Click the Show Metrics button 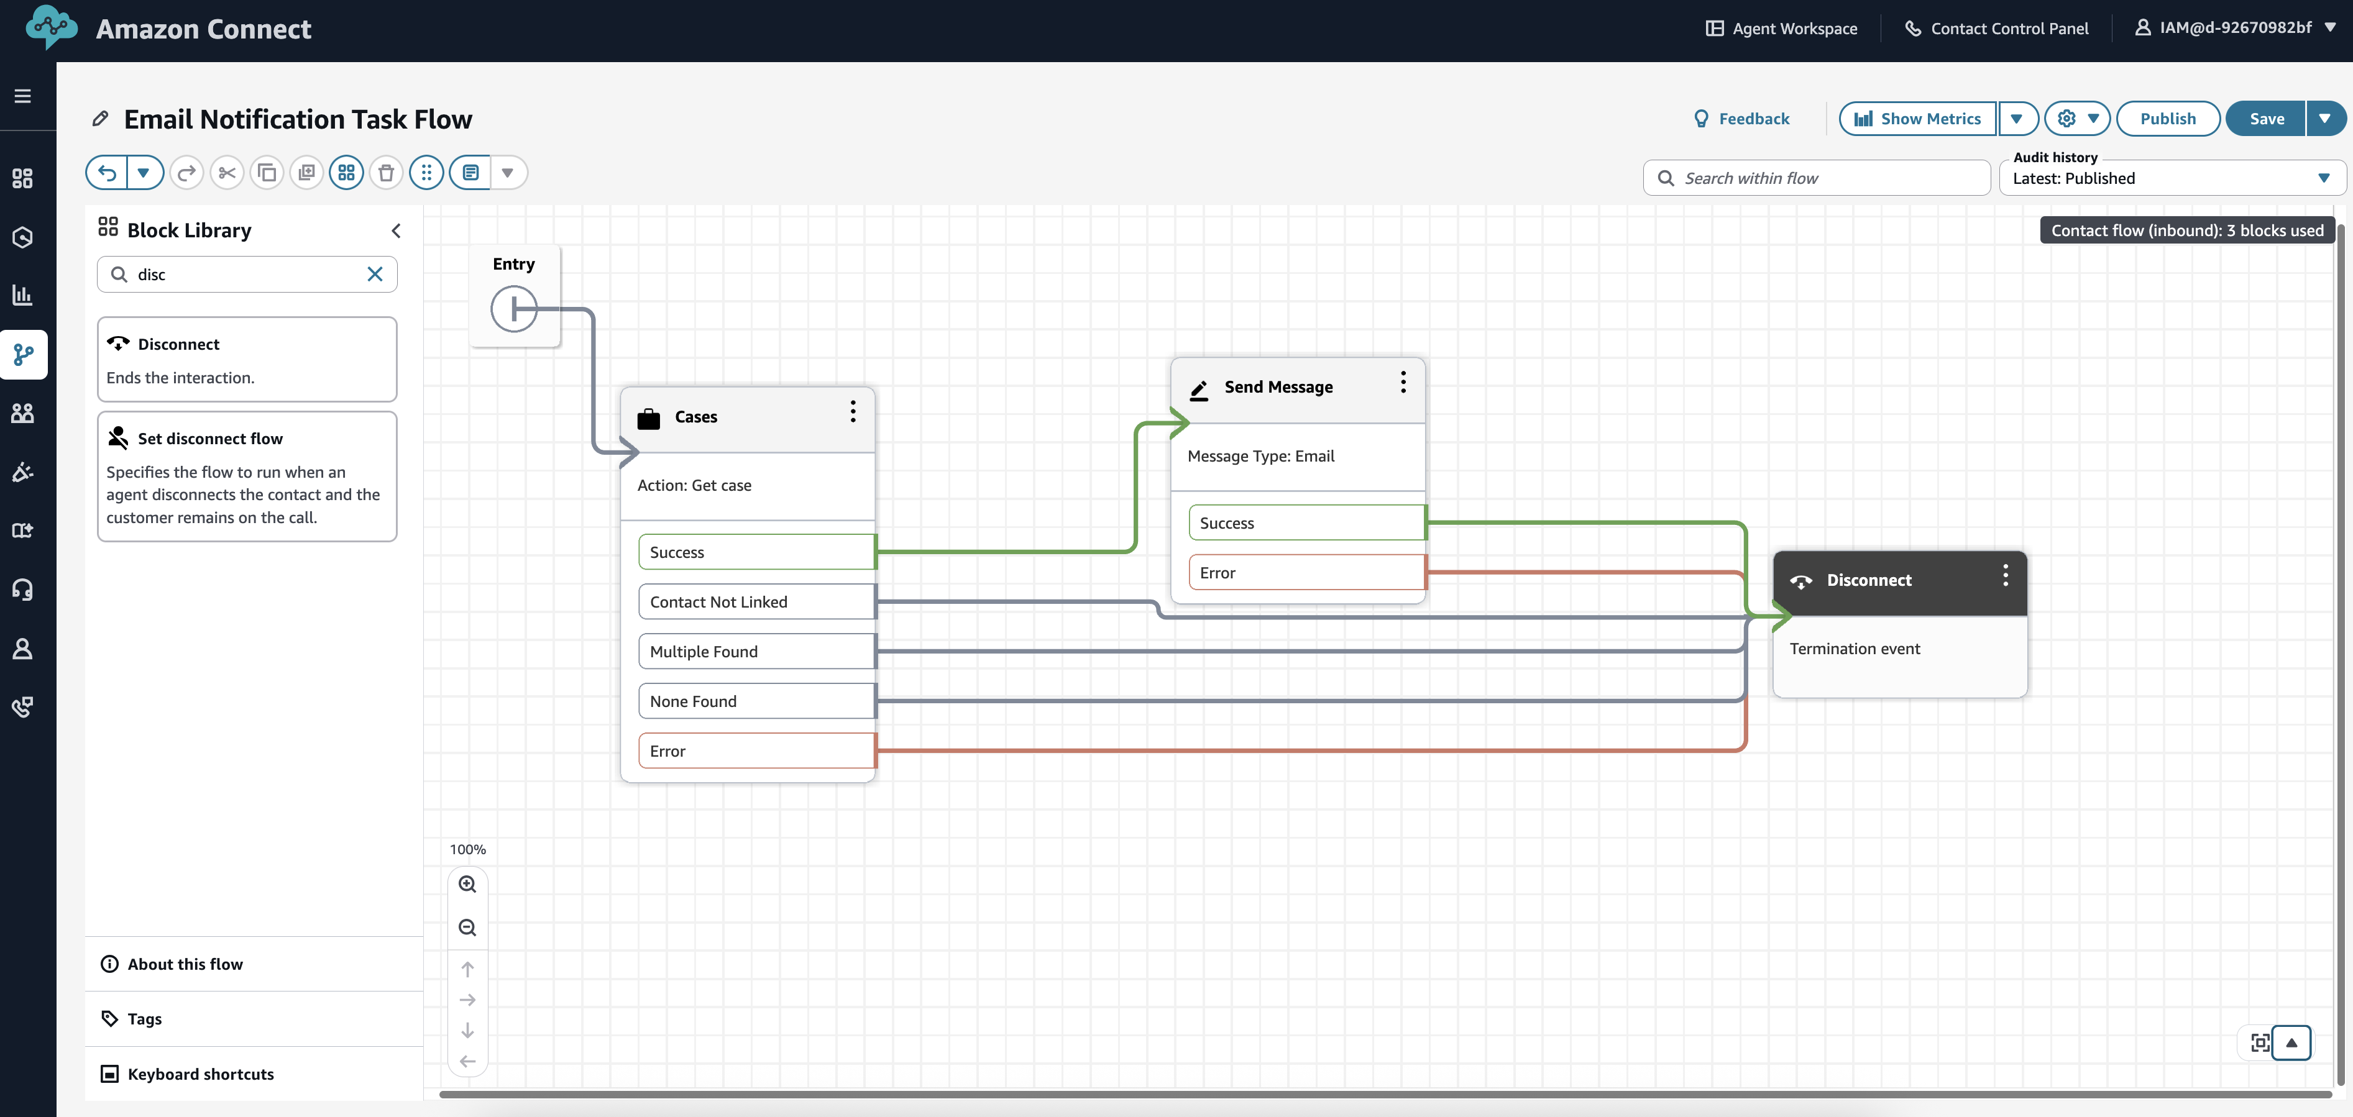1917,119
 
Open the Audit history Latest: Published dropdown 2172,178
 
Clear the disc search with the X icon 375,274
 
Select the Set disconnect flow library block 247,476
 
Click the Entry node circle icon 513,309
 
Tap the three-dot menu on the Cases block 852,412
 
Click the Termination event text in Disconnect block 1855,649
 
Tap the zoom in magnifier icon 467,884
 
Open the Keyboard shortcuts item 200,1074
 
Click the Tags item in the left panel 144,1018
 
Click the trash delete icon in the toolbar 387,173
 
